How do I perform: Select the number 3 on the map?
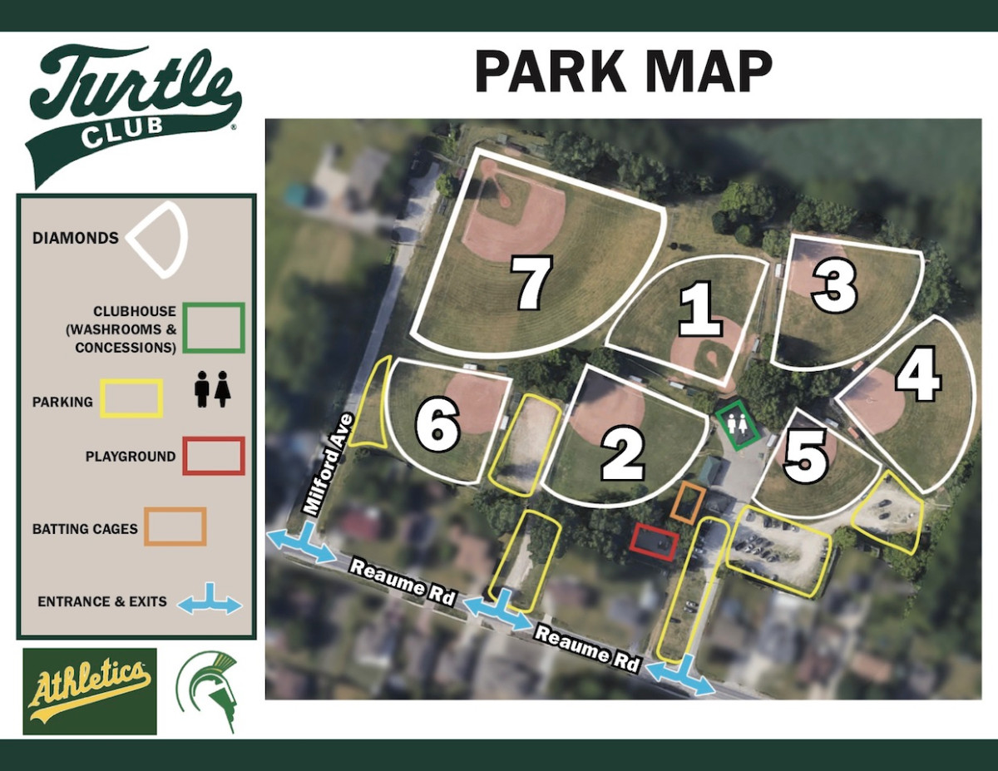click(834, 286)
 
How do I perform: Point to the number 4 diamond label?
click(918, 378)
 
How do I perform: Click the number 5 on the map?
click(805, 457)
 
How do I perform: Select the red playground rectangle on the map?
click(655, 541)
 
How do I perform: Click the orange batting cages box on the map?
click(689, 503)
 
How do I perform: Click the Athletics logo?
click(90, 691)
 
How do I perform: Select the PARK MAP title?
click(623, 72)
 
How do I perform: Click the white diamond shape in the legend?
click(159, 239)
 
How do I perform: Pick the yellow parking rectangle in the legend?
click(131, 398)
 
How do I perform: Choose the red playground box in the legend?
click(214, 456)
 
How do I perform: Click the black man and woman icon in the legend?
click(212, 389)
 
